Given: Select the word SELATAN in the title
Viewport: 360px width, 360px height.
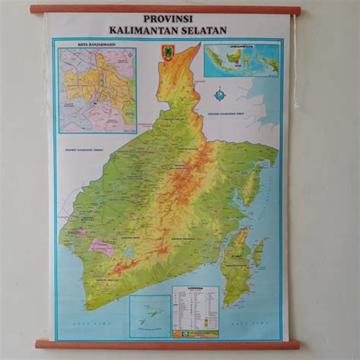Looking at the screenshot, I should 202,30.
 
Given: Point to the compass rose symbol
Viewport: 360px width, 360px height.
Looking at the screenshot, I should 219,95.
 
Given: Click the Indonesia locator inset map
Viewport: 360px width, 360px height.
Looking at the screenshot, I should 241,60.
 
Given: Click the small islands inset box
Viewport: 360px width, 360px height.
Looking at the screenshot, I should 149,316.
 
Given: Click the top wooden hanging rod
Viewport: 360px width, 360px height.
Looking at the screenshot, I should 165,10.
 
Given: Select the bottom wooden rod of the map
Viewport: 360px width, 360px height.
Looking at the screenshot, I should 167,344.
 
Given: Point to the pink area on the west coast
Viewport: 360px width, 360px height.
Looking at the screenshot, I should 101,247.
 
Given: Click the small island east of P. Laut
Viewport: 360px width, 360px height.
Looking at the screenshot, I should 258,252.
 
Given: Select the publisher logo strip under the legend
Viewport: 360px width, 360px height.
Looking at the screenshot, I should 195,333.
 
